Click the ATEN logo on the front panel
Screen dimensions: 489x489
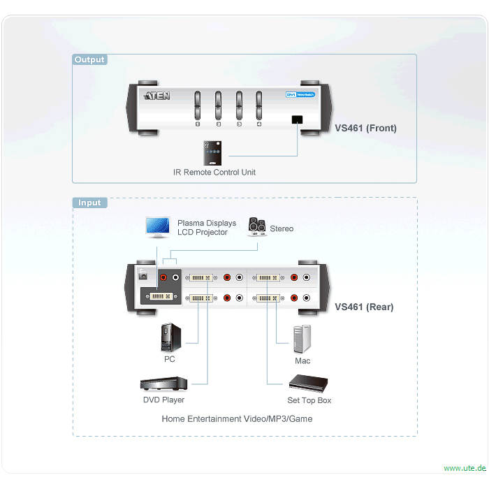156,96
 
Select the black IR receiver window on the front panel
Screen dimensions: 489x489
298,119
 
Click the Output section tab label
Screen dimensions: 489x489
89,60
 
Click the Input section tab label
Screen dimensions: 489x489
89,203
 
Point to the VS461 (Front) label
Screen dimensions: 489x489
365,129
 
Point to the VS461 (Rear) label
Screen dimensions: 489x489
364,307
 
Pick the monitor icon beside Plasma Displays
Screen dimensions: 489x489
157,226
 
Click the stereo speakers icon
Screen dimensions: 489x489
257,228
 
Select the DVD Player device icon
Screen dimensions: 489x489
163,384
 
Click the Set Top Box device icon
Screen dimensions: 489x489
309,384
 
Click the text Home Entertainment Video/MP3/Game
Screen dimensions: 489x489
237,419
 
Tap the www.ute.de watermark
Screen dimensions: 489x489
464,468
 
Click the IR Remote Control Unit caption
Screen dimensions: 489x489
214,172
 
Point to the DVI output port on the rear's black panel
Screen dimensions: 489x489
159,297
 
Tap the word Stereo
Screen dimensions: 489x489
282,228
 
